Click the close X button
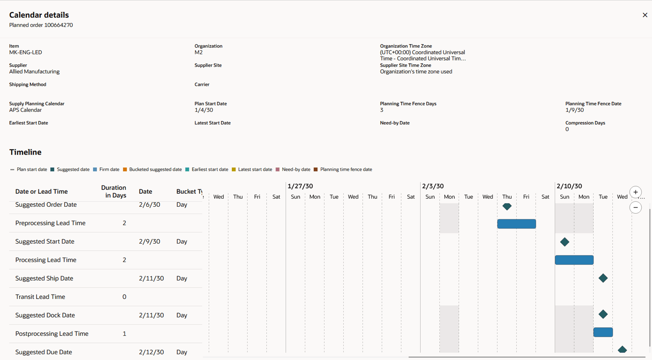645,15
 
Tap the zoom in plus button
636,192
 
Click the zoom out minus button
636,208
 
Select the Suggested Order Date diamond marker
507,206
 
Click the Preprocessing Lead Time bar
516,224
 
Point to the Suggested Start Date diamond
564,242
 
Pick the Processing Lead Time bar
574,260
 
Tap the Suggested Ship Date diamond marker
603,278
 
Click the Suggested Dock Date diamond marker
603,314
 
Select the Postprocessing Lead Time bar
603,332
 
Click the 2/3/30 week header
433,186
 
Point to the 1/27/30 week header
300,186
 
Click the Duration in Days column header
113,191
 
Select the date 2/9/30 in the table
149,242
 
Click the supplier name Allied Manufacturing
34,72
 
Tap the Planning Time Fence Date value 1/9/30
575,110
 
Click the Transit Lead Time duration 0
124,297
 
